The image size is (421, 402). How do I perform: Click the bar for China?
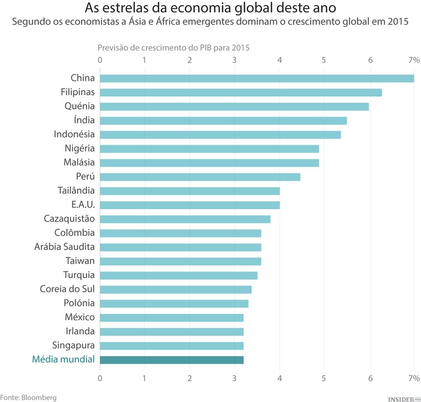tap(257, 78)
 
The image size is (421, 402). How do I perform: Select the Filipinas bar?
tap(241, 92)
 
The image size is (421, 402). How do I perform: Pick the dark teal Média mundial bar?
tap(172, 360)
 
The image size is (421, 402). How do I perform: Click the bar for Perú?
tap(200, 177)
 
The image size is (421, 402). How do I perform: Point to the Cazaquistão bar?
tap(185, 219)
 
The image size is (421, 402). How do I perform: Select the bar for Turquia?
tap(179, 275)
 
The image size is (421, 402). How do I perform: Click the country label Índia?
tap(84, 120)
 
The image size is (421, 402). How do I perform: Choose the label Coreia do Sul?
tap(67, 289)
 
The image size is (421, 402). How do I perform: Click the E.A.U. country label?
tap(83, 205)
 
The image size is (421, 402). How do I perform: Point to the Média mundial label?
tap(63, 359)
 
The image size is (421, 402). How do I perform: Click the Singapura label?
tap(74, 345)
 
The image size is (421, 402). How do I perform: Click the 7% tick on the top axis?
tap(414, 60)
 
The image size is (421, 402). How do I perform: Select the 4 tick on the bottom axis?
tap(280, 378)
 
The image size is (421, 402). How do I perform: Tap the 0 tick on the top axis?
tap(100, 60)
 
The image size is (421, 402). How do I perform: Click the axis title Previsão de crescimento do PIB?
tap(173, 48)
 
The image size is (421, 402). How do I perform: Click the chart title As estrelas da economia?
tap(210, 8)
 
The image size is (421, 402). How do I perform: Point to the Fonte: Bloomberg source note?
tap(29, 397)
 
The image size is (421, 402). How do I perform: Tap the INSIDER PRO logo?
tap(404, 398)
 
